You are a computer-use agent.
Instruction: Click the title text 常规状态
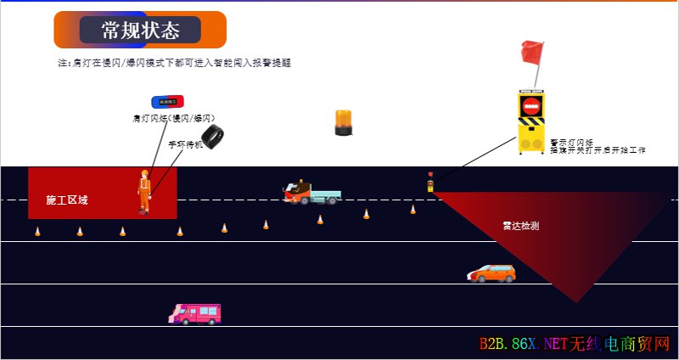click(x=140, y=31)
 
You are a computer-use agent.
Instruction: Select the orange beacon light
click(x=343, y=122)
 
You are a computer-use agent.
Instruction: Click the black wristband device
click(x=211, y=137)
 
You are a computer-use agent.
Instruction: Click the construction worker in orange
click(x=144, y=192)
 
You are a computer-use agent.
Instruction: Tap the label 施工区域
click(x=67, y=200)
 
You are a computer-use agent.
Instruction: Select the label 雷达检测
click(x=520, y=226)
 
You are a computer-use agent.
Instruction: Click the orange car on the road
click(x=491, y=273)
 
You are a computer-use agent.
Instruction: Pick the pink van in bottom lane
click(x=195, y=313)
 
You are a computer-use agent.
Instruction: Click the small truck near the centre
click(x=311, y=192)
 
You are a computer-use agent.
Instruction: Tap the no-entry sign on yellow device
click(x=531, y=107)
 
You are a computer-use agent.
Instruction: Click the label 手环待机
click(x=184, y=144)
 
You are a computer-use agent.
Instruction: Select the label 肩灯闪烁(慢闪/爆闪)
click(x=174, y=118)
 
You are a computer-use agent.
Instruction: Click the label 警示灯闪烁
click(x=571, y=142)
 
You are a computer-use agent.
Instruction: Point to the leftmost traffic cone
click(x=37, y=231)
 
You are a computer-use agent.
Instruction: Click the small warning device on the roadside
click(x=430, y=183)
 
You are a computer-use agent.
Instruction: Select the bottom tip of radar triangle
click(x=578, y=301)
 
